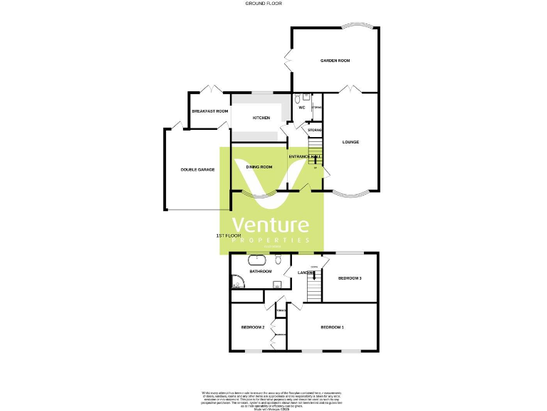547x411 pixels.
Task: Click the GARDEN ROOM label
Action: (335, 61)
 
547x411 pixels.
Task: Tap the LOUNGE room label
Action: (350, 142)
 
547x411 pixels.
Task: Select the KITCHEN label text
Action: (261, 118)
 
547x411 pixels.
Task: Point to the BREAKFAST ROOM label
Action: (210, 111)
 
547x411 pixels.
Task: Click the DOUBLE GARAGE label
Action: (197, 170)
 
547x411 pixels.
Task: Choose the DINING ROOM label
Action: (259, 167)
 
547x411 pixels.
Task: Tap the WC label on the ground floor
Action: (301, 108)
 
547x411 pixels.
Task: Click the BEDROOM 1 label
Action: (332, 328)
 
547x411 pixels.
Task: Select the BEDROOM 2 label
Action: (253, 328)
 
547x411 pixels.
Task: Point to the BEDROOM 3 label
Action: (350, 278)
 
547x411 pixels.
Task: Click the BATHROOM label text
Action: (260, 271)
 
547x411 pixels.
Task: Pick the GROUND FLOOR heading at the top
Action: (264, 4)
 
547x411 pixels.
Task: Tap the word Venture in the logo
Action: (271, 225)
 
